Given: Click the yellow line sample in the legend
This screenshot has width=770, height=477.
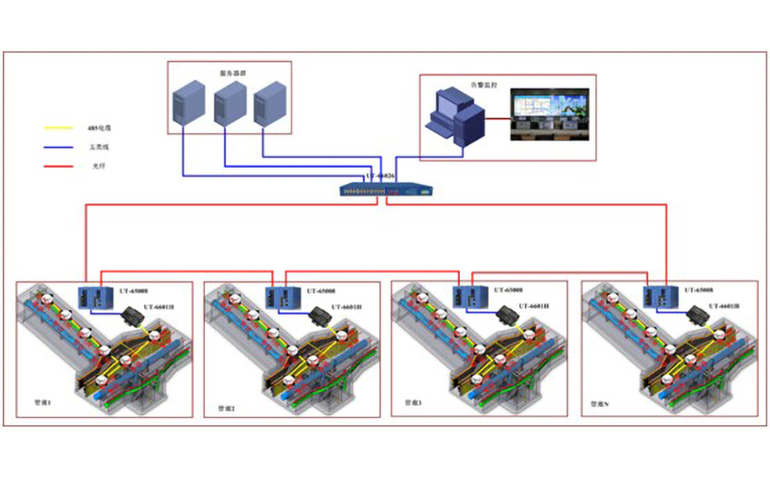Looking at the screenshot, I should pyautogui.click(x=56, y=128).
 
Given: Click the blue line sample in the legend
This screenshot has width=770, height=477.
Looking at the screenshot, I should pyautogui.click(x=56, y=147).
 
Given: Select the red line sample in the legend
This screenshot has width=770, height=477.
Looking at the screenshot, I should pyautogui.click(x=56, y=166).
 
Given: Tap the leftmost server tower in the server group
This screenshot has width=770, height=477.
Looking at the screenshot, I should pyautogui.click(x=185, y=102).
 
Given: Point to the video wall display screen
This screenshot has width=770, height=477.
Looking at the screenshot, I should pyautogui.click(x=550, y=117).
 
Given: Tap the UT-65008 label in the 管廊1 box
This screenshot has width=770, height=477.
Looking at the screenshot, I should pyautogui.click(x=134, y=291).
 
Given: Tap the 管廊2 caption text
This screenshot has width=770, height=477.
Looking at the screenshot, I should pyautogui.click(x=226, y=409).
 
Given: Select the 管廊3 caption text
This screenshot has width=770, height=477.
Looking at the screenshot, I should pyautogui.click(x=414, y=403).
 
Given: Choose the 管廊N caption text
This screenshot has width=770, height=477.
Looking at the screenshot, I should pyautogui.click(x=600, y=404).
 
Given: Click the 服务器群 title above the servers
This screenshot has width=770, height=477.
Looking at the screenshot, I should pyautogui.click(x=232, y=72).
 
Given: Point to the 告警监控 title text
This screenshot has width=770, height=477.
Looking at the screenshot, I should pyautogui.click(x=482, y=83).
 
